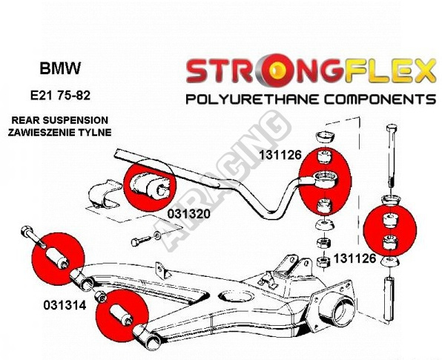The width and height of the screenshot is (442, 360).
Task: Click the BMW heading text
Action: (60, 68)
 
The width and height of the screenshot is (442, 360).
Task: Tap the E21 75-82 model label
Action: (60, 96)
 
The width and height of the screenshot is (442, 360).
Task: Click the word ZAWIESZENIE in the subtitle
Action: (41, 132)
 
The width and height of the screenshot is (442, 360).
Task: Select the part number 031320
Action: (189, 214)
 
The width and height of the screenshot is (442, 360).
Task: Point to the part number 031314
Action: (65, 305)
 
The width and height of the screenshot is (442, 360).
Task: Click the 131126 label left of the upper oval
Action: (280, 154)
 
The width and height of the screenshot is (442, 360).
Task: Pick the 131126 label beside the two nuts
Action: (355, 258)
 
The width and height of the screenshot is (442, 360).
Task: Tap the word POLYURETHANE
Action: (251, 99)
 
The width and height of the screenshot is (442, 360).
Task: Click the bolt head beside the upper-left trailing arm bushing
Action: (26, 232)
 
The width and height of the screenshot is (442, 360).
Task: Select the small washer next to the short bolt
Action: (157, 235)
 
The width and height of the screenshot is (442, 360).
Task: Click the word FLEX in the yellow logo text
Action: (390, 71)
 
